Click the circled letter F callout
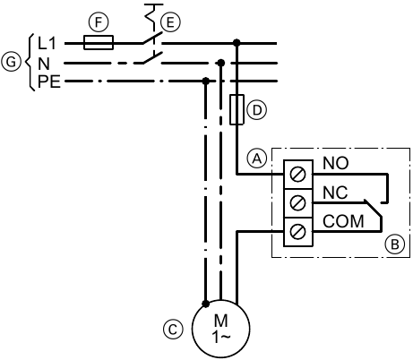pos(99,22)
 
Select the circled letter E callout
pos(170,22)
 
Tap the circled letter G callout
pos(11,63)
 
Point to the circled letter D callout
pos(256,110)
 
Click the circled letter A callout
pos(257,159)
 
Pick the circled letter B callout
pos(395,244)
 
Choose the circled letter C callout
pos(173,330)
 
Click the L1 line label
pos(47,43)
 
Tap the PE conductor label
pos(49,81)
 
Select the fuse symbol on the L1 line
pos(99,43)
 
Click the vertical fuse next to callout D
pos(237,109)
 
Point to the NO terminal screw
pos(298,175)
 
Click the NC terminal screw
pos(298,203)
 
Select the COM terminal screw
pos(298,232)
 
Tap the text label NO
pos(336,163)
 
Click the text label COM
pos(343,221)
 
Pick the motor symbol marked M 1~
pos(220,329)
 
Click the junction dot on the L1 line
pos(237,43)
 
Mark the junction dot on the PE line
pos(205,81)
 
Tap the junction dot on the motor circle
pos(205,304)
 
